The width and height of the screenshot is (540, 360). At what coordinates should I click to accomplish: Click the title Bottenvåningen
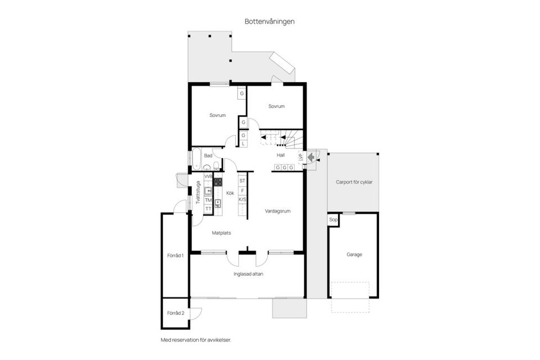[x=269, y=21]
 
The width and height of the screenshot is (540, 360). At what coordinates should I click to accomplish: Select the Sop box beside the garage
[x=333, y=219]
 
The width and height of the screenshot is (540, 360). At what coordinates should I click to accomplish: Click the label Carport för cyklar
[x=354, y=182]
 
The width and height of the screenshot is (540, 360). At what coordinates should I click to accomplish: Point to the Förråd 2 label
[x=175, y=313]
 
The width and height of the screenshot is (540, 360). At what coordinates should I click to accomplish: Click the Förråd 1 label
[x=175, y=255]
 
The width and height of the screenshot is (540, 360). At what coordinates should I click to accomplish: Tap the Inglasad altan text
[x=248, y=274]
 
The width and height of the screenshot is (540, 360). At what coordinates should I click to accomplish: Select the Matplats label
[x=221, y=232]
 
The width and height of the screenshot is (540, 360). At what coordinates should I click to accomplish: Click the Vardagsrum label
[x=277, y=211]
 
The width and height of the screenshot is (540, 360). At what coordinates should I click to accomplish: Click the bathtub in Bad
[x=197, y=159]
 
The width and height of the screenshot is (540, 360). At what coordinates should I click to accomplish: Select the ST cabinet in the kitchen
[x=242, y=181]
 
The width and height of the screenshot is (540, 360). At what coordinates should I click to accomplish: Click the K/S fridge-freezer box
[x=242, y=200]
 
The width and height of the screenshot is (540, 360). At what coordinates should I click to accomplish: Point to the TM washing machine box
[x=208, y=200]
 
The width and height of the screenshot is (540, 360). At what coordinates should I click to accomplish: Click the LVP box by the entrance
[x=301, y=158]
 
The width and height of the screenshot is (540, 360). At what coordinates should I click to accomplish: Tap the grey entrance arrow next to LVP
[x=311, y=157]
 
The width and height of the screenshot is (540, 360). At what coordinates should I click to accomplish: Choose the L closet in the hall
[x=243, y=144]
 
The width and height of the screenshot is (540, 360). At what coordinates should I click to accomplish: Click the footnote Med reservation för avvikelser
[x=196, y=340]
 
